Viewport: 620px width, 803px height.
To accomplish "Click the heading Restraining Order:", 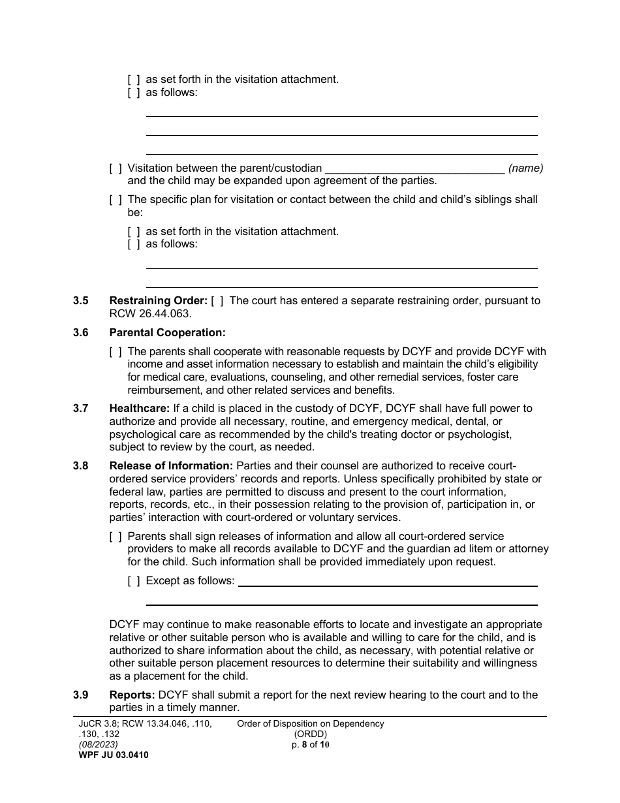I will click(x=158, y=301).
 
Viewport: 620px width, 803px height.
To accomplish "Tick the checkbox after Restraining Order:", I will click(x=218, y=301).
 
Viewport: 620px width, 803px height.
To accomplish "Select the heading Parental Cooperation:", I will click(x=167, y=332).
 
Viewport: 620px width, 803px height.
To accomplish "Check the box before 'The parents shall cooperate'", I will click(x=116, y=351).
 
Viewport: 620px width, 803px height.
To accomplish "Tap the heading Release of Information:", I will click(x=171, y=465).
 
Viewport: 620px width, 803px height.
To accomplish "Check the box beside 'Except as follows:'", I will click(x=134, y=580).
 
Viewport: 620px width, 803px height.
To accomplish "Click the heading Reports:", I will click(x=132, y=695).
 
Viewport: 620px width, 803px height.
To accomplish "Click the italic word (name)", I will click(x=525, y=168).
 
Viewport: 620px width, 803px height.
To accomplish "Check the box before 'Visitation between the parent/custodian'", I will click(x=116, y=168).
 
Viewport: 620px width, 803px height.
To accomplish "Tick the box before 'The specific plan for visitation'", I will click(x=116, y=199).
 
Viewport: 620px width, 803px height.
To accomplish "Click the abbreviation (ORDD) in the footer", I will click(x=310, y=734).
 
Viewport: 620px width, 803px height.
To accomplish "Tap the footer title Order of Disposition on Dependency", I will click(x=310, y=723).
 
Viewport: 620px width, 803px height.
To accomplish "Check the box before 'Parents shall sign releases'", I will click(x=116, y=536).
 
